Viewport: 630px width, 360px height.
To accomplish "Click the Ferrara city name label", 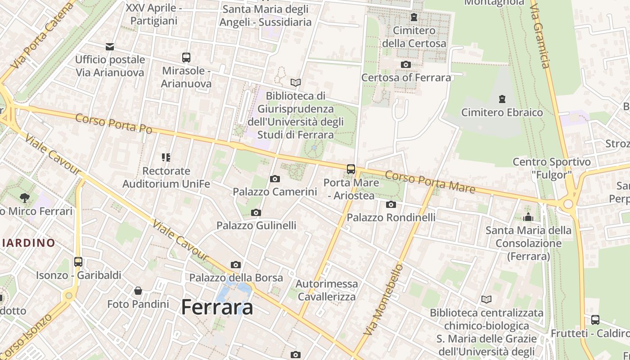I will coord(217,307).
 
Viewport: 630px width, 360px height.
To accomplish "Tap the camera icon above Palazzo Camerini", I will coord(275,179).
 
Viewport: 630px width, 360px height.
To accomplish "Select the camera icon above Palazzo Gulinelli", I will coord(256,212).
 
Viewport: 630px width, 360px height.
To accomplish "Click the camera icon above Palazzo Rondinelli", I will coord(391,205).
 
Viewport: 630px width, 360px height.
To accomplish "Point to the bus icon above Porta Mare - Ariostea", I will coord(351,169).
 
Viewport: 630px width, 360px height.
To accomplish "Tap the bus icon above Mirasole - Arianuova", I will coord(186,58).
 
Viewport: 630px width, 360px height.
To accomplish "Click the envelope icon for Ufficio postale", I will coord(110,47).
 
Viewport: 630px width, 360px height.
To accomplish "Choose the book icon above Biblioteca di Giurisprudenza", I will coord(296,82).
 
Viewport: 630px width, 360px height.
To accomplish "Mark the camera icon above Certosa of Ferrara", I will coord(406,64).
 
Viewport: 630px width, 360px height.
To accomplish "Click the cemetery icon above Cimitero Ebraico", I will coord(502,99).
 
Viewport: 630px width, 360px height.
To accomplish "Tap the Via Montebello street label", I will coord(383,300).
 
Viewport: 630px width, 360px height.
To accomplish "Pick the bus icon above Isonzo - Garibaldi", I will coord(78,261).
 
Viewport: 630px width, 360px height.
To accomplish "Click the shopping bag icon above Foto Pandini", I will coord(138,291).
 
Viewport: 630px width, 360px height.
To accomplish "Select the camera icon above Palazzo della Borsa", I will coord(236,265).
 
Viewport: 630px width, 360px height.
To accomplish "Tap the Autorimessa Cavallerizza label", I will coord(327,290).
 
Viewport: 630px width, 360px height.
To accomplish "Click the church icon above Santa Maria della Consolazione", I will coord(528,217).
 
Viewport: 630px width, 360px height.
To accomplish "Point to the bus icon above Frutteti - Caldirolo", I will coord(595,320).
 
